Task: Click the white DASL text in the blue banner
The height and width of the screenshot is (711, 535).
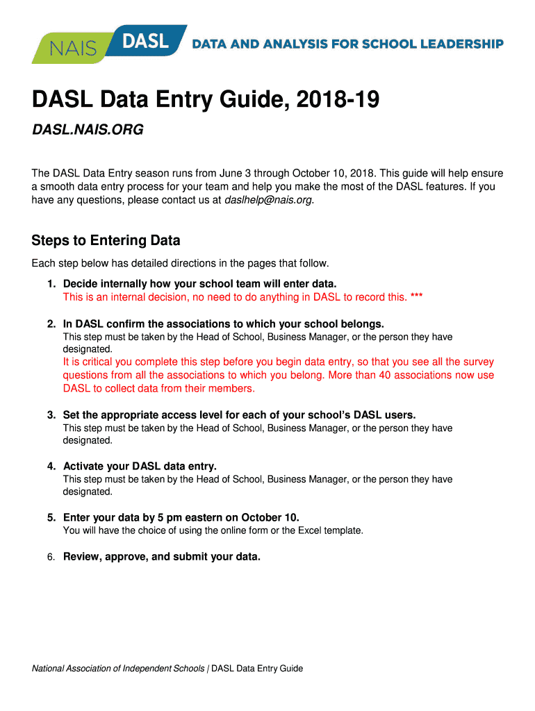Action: pyautogui.click(x=145, y=41)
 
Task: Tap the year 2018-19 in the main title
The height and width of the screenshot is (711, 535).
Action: pyautogui.click(x=338, y=101)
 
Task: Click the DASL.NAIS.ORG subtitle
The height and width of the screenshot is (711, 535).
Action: pyautogui.click(x=87, y=131)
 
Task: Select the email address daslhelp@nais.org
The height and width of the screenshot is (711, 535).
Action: pyautogui.click(x=269, y=200)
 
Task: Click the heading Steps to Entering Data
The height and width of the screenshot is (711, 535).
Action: pyautogui.click(x=106, y=241)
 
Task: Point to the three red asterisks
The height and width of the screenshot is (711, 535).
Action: pyautogui.click(x=416, y=297)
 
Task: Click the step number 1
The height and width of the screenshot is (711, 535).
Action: pyautogui.click(x=51, y=284)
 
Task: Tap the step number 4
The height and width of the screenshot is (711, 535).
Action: pyautogui.click(x=51, y=466)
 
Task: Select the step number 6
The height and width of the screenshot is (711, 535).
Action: pyautogui.click(x=51, y=556)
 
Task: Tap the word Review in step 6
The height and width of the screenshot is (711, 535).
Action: pyautogui.click(x=81, y=556)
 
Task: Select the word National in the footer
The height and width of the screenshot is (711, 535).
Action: pyautogui.click(x=51, y=669)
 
